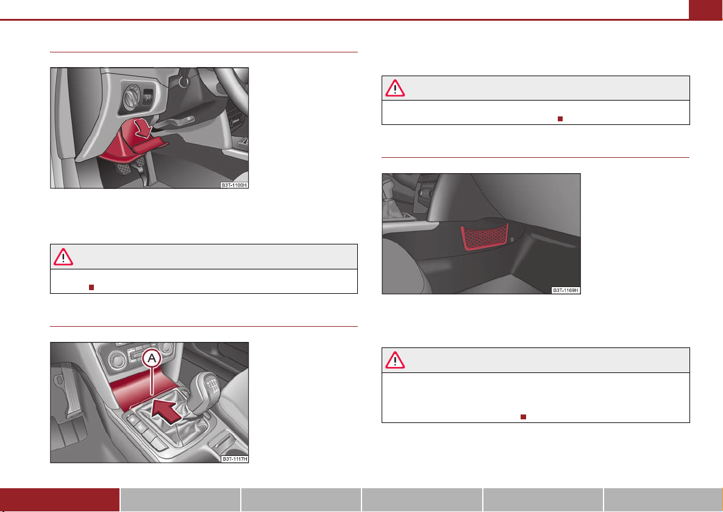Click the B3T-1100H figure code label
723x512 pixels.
coord(234,185)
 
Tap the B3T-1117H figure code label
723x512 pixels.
coord(235,459)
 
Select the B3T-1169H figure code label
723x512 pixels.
coord(566,290)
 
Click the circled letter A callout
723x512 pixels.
coord(152,358)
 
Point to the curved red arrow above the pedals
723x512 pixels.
coord(143,127)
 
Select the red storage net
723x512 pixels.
coord(485,237)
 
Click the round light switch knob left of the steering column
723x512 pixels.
coord(131,98)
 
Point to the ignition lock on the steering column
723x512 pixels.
coord(185,81)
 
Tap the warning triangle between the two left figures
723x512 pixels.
coord(63,257)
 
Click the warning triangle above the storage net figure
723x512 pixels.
coord(395,88)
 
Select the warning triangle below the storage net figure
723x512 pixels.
coord(395,360)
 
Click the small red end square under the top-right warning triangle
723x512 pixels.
coord(560,119)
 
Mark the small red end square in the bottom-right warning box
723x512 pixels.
coord(523,416)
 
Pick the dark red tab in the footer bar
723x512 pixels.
coord(60,500)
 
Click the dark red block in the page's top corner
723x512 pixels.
coord(705,10)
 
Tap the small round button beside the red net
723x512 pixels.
coord(512,240)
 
